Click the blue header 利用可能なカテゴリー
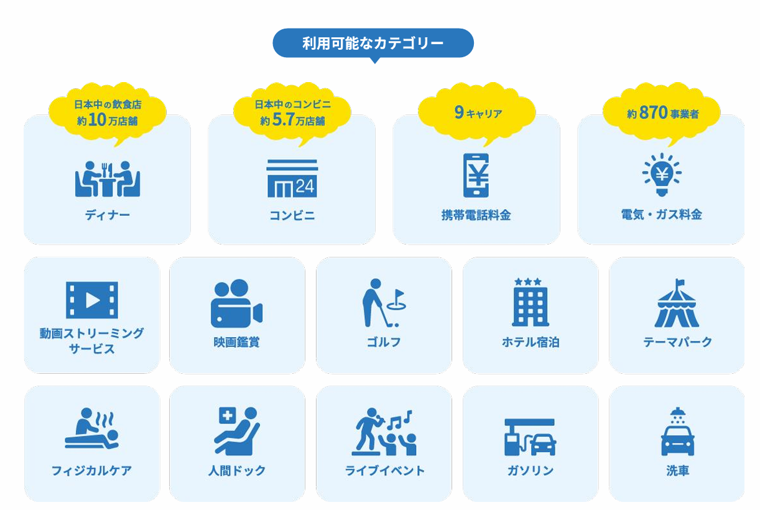click(373, 43)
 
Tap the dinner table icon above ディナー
click(108, 179)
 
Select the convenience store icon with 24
click(292, 179)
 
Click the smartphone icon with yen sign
click(476, 175)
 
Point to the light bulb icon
click(661, 174)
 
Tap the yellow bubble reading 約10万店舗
click(108, 113)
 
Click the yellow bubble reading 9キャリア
click(477, 113)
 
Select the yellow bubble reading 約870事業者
click(662, 113)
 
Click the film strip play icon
click(92, 300)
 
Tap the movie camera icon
click(236, 304)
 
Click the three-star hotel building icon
click(531, 302)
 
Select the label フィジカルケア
click(91, 471)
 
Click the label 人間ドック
click(237, 471)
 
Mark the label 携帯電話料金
click(476, 215)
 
